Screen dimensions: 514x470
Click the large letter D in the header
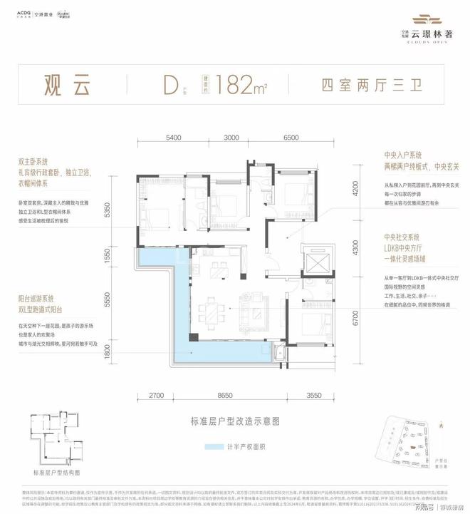169,86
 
